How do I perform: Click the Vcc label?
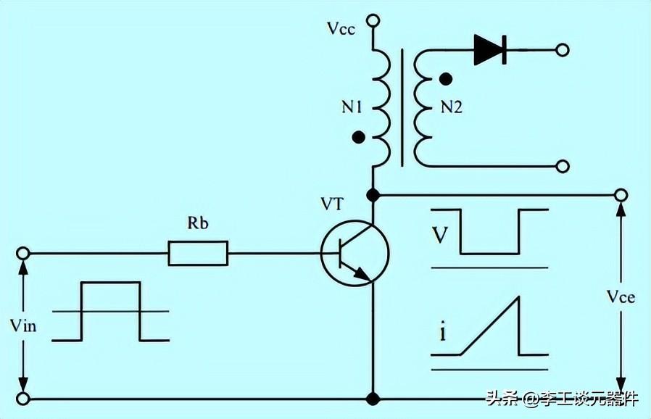(x=341, y=29)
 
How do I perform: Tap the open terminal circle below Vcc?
(x=373, y=20)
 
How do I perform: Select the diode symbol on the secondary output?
(x=490, y=50)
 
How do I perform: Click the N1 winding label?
(x=352, y=107)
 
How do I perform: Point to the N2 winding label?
(x=452, y=107)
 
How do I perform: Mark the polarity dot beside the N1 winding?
(x=358, y=137)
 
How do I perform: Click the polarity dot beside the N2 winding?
(x=446, y=78)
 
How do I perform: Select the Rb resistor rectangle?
(x=198, y=253)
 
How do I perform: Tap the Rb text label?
(x=198, y=223)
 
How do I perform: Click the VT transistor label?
(x=332, y=204)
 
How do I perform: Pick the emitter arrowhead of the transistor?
(x=363, y=274)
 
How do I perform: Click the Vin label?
(x=23, y=325)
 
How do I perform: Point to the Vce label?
(x=621, y=296)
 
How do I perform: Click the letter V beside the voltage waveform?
(x=440, y=235)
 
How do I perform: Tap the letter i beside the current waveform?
(x=443, y=333)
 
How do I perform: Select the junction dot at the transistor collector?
(x=373, y=195)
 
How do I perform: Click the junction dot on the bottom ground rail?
(x=373, y=399)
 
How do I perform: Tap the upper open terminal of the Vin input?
(x=22, y=253)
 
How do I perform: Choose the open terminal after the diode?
(x=562, y=50)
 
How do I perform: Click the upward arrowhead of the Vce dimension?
(x=621, y=209)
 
